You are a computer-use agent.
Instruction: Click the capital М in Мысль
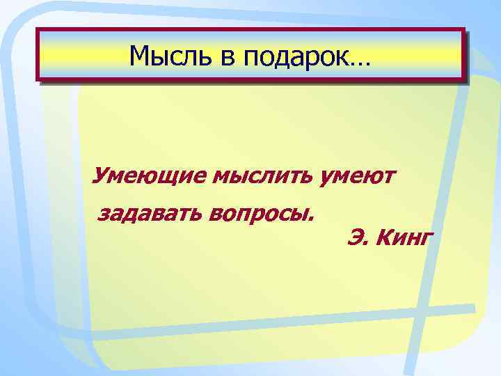click(141, 56)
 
